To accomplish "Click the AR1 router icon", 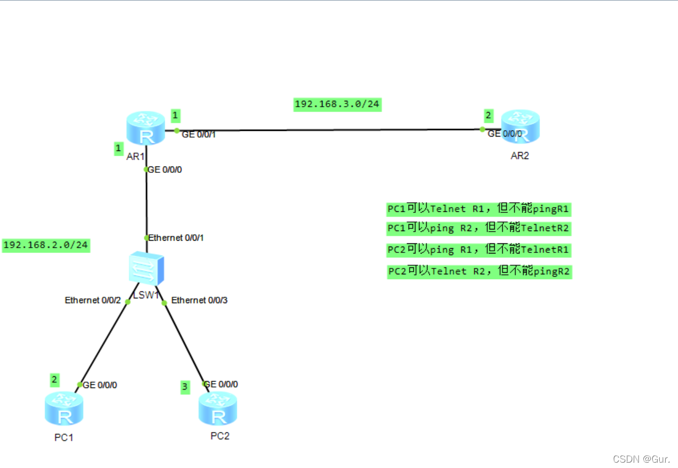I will point(146,128).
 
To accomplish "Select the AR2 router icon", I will point(520,127).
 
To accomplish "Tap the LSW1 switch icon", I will point(146,269).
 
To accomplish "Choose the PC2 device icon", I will point(218,408).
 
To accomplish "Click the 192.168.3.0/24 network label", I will point(337,104).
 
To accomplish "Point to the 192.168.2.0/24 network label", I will point(46,245).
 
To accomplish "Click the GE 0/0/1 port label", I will point(199,134).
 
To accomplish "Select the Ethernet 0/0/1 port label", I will point(176,237).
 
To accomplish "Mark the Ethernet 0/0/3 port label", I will point(199,300).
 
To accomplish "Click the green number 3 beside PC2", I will point(185,387).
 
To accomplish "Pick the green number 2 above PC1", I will point(54,380).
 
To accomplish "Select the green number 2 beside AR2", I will point(488,115).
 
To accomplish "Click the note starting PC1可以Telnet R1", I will point(479,209).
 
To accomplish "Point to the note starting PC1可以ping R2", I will point(479,228).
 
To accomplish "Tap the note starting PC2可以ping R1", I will point(479,249).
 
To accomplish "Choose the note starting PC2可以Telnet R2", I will point(479,271).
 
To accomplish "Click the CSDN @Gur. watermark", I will point(641,459).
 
